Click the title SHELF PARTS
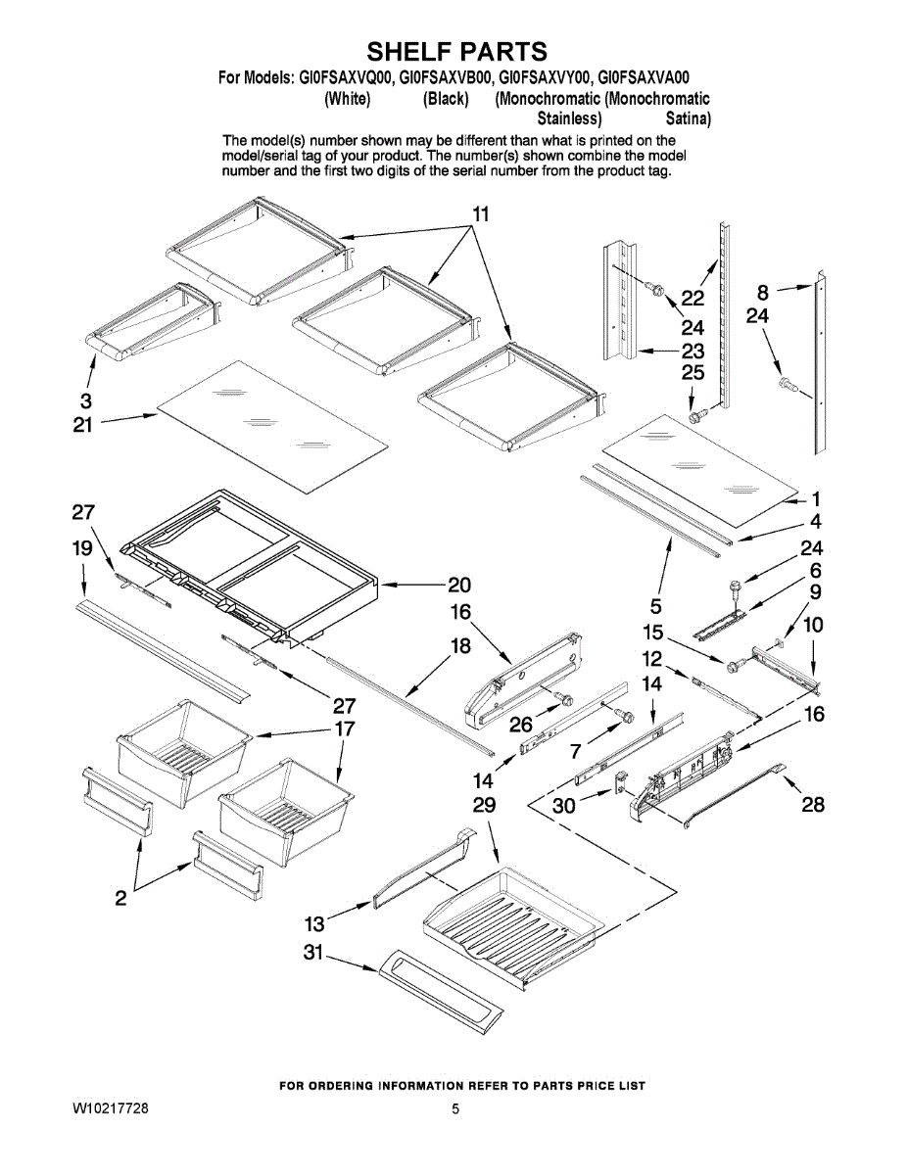point(455,51)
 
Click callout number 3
point(86,399)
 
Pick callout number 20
point(459,586)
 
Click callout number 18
point(460,646)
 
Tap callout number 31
point(312,951)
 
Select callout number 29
point(483,806)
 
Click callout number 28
point(813,805)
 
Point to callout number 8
point(763,290)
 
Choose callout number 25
point(693,372)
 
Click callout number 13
point(313,923)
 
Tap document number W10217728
point(111,1109)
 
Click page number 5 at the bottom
point(455,1109)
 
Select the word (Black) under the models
point(446,99)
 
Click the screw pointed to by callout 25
point(696,416)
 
